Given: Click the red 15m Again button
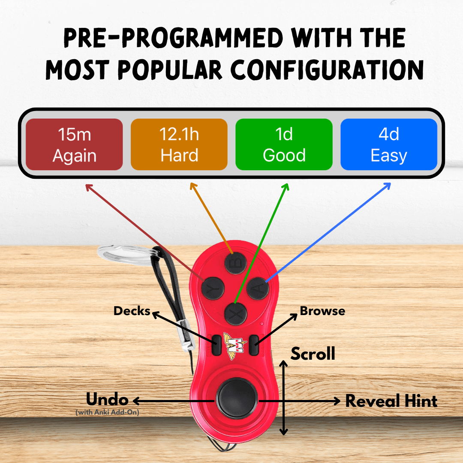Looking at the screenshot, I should tap(74, 144).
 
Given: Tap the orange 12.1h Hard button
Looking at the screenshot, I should tap(179, 144).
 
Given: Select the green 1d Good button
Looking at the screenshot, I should tap(284, 144).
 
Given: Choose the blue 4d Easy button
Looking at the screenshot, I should tap(389, 144).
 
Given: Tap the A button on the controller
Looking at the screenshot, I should tap(258, 289).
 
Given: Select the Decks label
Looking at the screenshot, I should tap(132, 311).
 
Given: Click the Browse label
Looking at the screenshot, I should tap(322, 311).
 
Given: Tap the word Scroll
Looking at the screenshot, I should tap(313, 354).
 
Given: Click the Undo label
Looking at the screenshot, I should tap(107, 400).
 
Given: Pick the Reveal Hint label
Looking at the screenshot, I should tap(391, 401).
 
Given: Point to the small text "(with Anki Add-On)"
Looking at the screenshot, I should tap(107, 412).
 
